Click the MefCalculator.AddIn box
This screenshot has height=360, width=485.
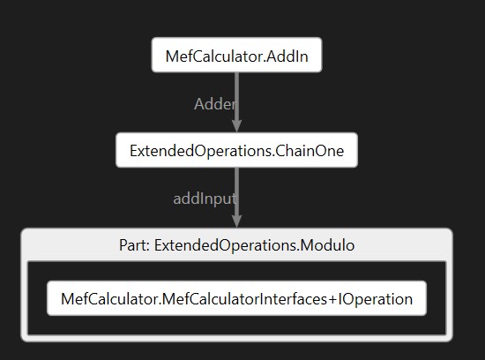(236, 55)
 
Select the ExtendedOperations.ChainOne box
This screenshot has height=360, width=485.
(236, 150)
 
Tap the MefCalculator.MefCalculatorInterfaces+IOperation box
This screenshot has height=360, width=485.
(236, 298)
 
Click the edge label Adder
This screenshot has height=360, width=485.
(215, 104)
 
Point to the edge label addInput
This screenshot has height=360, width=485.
(205, 199)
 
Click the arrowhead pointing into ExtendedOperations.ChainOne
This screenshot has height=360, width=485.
(236, 126)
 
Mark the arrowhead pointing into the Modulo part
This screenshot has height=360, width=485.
(236, 221)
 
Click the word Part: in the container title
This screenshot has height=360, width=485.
(135, 245)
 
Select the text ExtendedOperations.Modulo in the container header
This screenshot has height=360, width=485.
(254, 245)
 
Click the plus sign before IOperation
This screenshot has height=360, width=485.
(332, 299)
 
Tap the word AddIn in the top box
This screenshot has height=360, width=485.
(287, 56)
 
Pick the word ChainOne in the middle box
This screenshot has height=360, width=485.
(310, 151)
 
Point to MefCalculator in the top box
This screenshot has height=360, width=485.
(214, 56)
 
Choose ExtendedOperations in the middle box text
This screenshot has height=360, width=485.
(200, 152)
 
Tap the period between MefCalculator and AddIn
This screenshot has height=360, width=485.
(265, 62)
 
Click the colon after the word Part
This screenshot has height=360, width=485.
(148, 247)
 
